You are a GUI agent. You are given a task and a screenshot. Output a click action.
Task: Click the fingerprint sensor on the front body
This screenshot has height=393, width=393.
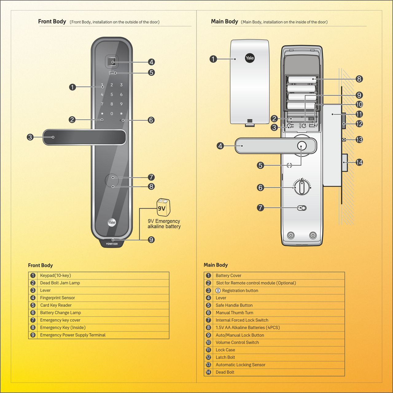pos(112,62)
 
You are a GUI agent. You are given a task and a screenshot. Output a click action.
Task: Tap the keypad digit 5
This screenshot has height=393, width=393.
pos(112,95)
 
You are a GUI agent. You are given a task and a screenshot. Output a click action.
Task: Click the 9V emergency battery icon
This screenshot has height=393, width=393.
pos(163,208)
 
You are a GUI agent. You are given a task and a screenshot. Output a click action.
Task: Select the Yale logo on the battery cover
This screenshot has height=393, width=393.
pos(250,58)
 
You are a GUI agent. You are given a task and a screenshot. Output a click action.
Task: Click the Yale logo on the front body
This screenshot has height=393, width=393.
pos(112,222)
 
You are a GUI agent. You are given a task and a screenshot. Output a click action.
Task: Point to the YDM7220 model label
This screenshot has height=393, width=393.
pos(112,244)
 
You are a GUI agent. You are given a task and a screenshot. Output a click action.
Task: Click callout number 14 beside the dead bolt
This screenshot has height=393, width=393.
pos(359,162)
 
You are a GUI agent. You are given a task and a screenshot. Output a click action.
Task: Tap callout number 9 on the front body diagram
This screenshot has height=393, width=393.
pos(151,240)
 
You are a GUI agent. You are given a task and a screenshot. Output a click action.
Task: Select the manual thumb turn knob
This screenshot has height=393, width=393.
pos(302,187)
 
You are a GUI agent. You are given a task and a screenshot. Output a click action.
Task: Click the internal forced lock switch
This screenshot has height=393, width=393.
pos(302,208)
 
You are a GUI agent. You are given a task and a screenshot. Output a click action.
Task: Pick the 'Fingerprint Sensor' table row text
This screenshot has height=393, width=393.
pos(57,298)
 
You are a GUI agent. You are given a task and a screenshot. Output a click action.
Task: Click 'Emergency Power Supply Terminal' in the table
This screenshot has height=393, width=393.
pos(73,335)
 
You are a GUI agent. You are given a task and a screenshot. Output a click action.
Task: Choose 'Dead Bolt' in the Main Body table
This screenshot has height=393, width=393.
pos(225,372)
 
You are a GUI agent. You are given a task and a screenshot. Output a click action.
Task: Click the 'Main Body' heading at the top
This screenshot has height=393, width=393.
pos(224,21)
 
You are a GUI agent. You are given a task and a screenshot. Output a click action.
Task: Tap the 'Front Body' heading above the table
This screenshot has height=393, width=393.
pos(40,265)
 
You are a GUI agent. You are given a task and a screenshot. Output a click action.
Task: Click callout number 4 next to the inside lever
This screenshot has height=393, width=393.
pos(220,146)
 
